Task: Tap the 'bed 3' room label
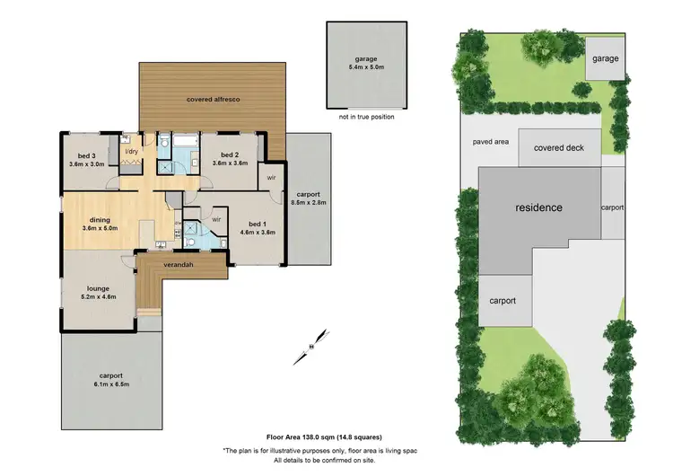[83, 157]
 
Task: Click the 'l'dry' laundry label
[131, 151]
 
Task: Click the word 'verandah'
[178, 266]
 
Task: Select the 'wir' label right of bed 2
[270, 178]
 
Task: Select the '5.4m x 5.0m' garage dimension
[366, 66]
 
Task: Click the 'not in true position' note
[366, 117]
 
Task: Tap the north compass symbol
[310, 345]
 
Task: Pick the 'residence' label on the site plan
[538, 207]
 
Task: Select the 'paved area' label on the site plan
[491, 141]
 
